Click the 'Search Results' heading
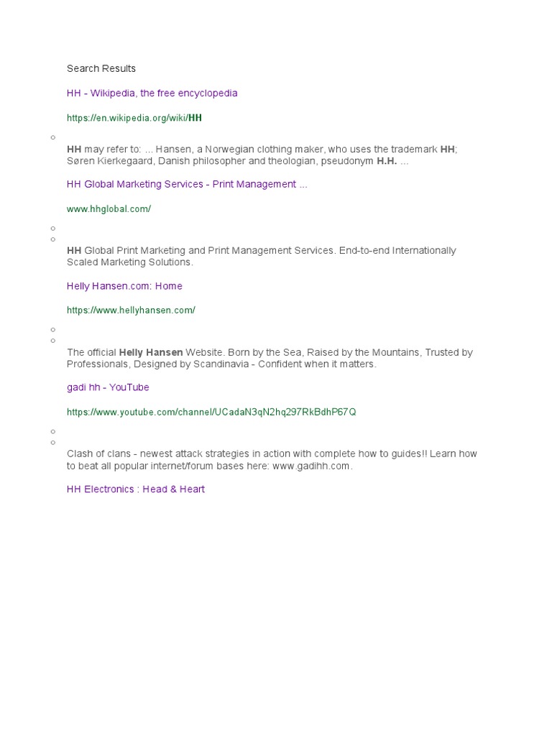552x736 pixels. tap(101, 69)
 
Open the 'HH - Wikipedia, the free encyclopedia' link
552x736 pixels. tap(152, 93)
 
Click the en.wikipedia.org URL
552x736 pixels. tap(134, 118)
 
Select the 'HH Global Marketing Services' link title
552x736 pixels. tap(187, 185)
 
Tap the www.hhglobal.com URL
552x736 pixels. tap(109, 209)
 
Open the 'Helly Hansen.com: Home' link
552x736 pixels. tap(124, 286)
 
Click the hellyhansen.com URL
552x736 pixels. tap(131, 310)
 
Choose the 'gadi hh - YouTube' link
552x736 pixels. tap(108, 387)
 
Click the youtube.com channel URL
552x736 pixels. tap(211, 413)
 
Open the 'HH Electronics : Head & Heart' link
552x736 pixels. tap(136, 489)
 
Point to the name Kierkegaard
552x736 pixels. tap(126, 162)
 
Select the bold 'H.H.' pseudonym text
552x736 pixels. tap(387, 162)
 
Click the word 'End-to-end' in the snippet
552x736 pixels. tap(364, 251)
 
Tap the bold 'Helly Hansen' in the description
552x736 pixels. tap(151, 353)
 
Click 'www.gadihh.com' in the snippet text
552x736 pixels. tap(311, 466)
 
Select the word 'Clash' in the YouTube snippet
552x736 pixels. tap(80, 454)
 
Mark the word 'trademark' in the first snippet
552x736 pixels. tap(413, 149)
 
